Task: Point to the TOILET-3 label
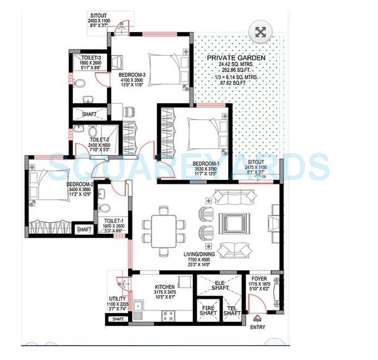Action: [x=85, y=58]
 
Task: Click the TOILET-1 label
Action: [x=113, y=220]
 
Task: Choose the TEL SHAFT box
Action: [x=231, y=310]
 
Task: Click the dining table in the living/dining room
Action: [x=165, y=226]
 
